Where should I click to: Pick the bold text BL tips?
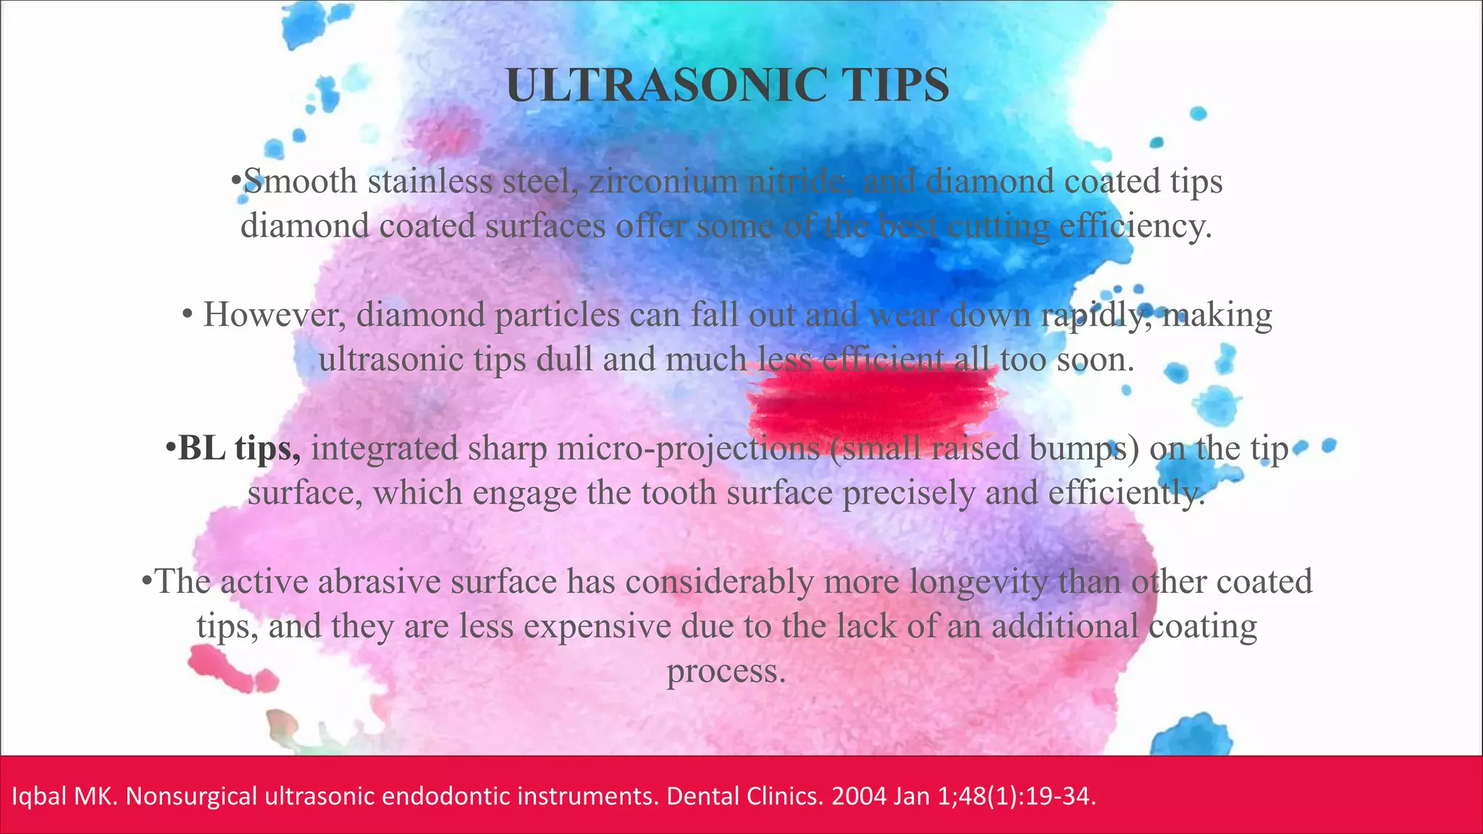point(239,448)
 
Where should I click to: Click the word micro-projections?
point(688,448)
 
